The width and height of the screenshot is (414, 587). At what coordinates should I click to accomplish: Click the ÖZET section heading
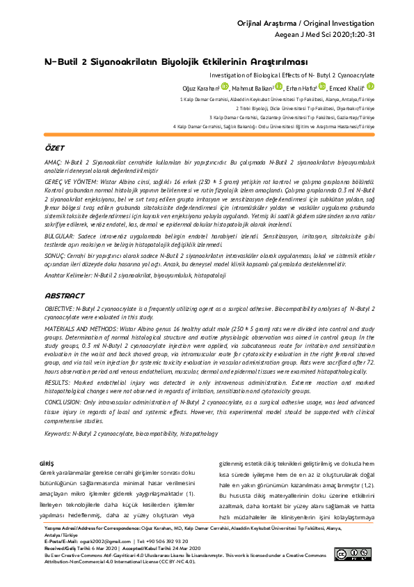pos(54,149)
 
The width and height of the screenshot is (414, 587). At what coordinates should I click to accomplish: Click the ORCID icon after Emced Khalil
pos(370,86)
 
